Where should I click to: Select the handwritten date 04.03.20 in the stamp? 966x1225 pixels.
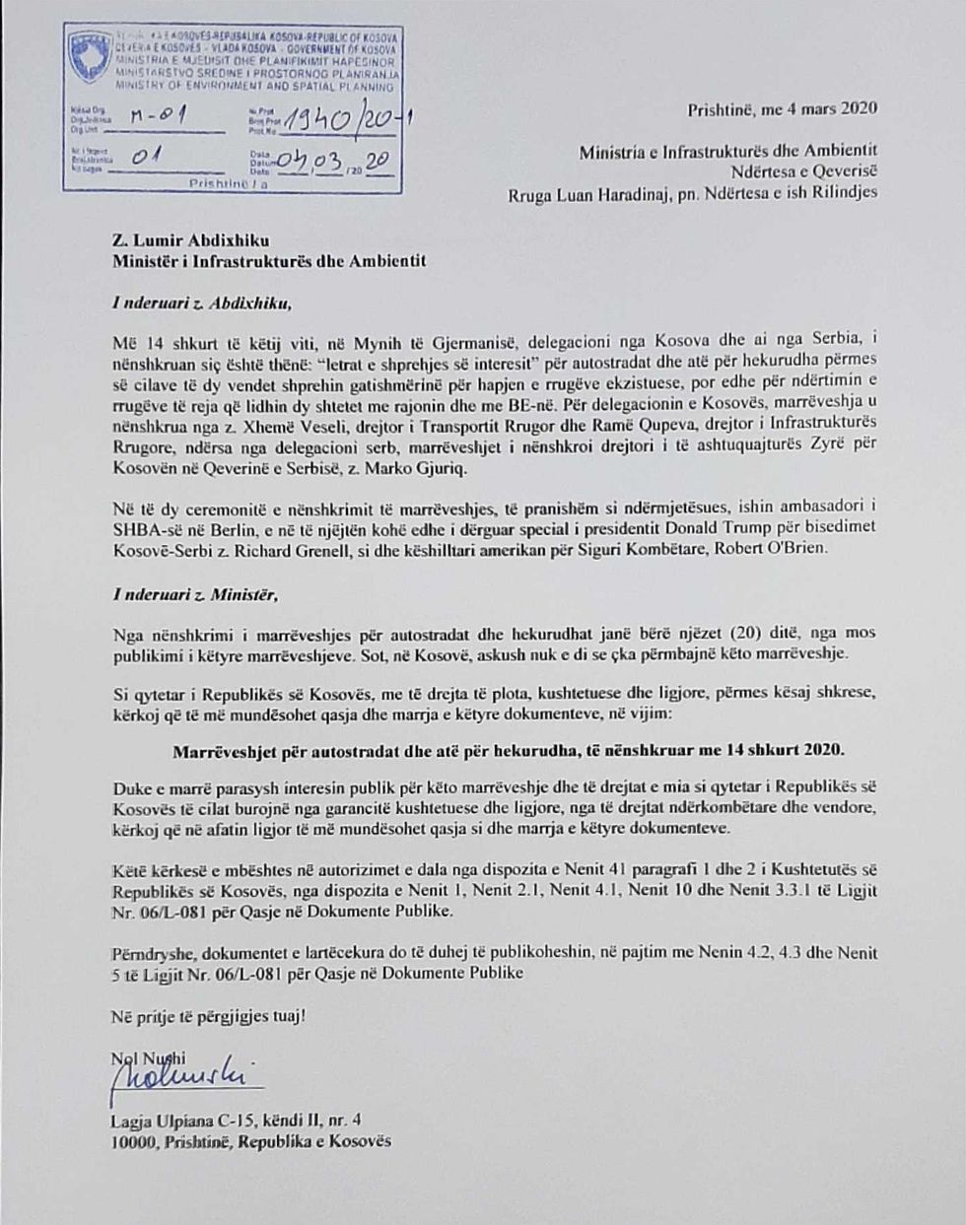point(335,161)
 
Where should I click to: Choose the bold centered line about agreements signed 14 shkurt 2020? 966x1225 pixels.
point(509,749)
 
